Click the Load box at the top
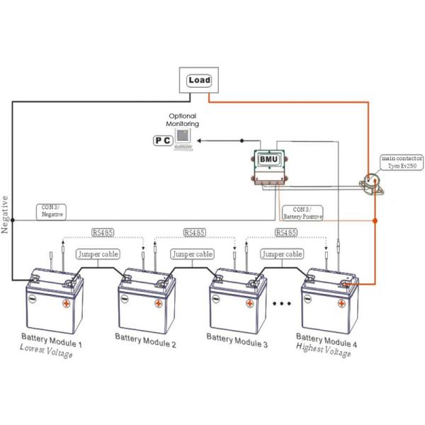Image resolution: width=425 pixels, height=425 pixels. pos(199,80)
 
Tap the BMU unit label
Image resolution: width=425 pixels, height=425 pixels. pos(268,159)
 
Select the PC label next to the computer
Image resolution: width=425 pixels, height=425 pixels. pos(163,140)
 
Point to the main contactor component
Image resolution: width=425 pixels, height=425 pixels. pos(370,183)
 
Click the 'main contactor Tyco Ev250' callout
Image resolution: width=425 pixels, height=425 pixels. pos(402,162)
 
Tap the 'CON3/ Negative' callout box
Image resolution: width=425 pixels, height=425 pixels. pos(51,212)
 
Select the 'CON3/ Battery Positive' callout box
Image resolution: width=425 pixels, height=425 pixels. pos(302,213)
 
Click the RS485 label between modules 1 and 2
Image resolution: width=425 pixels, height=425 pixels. pos(103,232)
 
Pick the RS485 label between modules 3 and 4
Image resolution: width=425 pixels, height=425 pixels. pos(286,232)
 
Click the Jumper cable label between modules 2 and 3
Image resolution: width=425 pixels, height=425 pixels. pos(192,254)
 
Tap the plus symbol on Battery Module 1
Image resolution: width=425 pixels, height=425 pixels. pos(66,303)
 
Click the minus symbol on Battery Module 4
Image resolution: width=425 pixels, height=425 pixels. pos(307,299)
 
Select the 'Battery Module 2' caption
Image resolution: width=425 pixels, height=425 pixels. pos(145,341)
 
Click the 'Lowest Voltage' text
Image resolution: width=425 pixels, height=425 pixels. pos(46,351)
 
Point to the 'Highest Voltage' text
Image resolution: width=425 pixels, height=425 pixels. pos(324,350)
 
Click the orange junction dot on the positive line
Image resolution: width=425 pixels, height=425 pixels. pos(375,220)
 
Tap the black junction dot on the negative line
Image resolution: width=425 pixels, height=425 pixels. pos(13,220)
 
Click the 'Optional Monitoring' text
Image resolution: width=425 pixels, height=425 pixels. pos(183,120)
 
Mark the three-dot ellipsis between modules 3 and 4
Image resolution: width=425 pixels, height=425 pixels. pos(282,304)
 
